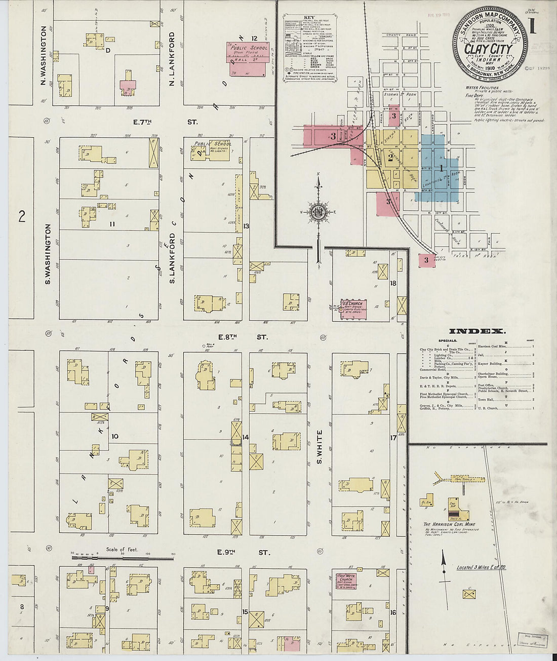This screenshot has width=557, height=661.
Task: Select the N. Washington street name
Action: tap(44, 56)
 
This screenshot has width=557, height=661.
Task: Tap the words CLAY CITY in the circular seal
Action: tap(488, 50)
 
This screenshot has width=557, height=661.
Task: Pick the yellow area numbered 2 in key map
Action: tap(390, 158)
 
